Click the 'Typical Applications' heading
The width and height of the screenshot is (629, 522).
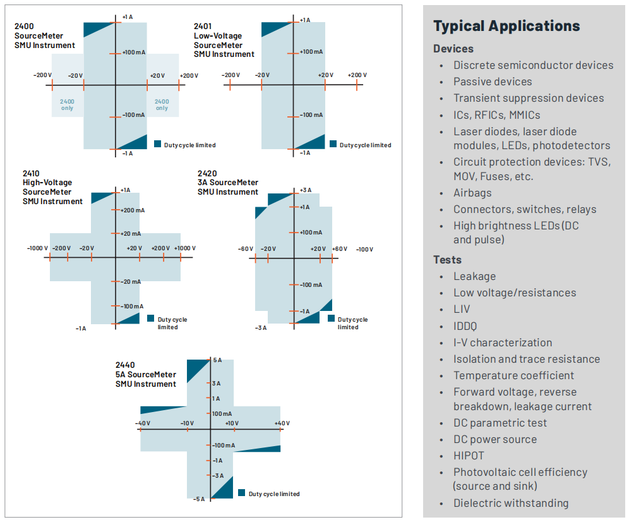tap(506, 26)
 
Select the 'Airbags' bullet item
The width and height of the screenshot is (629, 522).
tap(472, 193)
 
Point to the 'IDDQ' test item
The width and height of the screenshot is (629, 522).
tap(465, 326)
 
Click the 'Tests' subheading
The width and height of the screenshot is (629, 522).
tap(447, 260)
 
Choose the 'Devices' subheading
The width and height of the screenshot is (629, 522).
tap(453, 49)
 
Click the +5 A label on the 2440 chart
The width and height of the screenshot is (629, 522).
tap(217, 360)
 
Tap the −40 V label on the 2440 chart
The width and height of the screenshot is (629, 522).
tap(142, 423)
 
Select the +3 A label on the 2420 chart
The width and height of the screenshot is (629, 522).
tap(305, 190)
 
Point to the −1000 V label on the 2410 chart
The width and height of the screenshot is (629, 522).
tap(38, 248)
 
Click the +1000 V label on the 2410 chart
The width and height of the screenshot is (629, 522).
tap(185, 248)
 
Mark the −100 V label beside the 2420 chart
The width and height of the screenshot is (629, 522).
tap(364, 249)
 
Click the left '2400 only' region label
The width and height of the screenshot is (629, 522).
tap(67, 104)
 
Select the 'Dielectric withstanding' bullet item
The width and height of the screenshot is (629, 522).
tap(510, 503)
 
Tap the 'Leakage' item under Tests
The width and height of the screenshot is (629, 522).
tap(474, 276)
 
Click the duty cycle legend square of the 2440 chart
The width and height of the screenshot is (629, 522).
tap(241, 493)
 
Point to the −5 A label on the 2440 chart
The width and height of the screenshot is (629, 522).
tap(199, 499)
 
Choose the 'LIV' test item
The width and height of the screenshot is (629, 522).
tap(462, 310)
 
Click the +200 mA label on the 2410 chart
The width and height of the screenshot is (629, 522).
tap(132, 210)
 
